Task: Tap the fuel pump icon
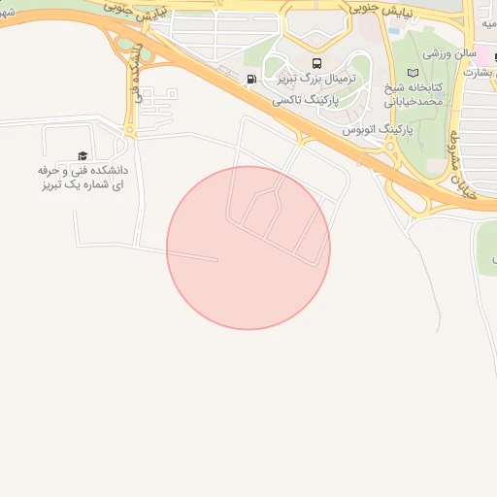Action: click(252, 79)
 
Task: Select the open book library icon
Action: click(414, 74)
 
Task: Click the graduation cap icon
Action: click(83, 155)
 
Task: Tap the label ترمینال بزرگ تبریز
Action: click(308, 78)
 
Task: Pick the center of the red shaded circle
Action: click(248, 248)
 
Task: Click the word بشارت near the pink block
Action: click(479, 73)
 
